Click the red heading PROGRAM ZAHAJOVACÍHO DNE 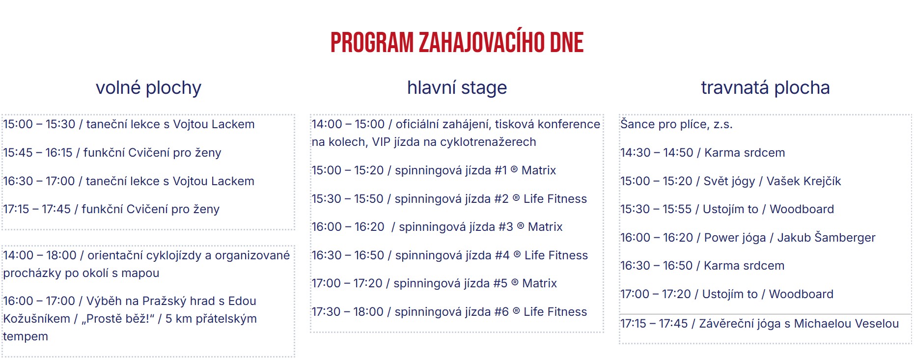457,43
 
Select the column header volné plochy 148,88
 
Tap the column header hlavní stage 457,88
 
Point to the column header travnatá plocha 765,88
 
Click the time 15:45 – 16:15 38,153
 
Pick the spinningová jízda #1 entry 434,170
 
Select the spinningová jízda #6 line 449,312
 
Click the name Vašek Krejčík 803,181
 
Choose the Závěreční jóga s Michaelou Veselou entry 759,324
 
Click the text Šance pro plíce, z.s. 676,124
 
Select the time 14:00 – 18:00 40,255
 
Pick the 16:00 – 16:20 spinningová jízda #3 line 437,227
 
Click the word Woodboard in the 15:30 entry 802,209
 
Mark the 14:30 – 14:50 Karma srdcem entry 703,153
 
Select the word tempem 26,336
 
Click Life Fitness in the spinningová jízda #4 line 556,255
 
